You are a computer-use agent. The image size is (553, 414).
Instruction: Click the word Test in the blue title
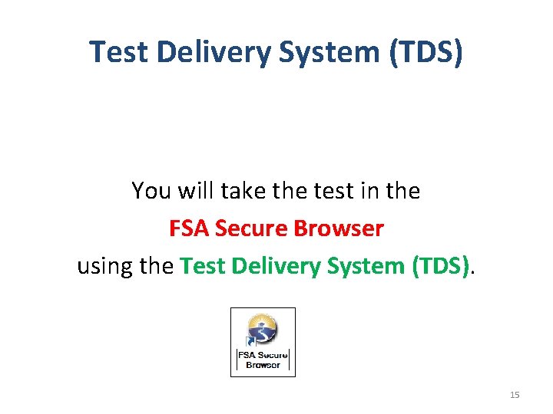pyautogui.click(x=118, y=52)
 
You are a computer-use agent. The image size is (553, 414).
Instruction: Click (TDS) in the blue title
pyautogui.click(x=427, y=52)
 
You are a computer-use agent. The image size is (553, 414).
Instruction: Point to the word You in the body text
pyautogui.click(x=149, y=190)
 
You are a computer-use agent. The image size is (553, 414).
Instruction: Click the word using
pyautogui.click(x=102, y=267)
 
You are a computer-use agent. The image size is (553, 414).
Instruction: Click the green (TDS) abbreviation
pyautogui.click(x=441, y=267)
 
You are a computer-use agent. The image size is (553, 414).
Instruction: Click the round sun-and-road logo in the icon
pyautogui.click(x=263, y=329)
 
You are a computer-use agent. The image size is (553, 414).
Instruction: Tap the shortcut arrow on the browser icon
pyautogui.click(x=250, y=342)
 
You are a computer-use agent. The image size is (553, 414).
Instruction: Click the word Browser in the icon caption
pyautogui.click(x=263, y=365)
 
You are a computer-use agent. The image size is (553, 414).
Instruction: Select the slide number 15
pyautogui.click(x=515, y=395)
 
